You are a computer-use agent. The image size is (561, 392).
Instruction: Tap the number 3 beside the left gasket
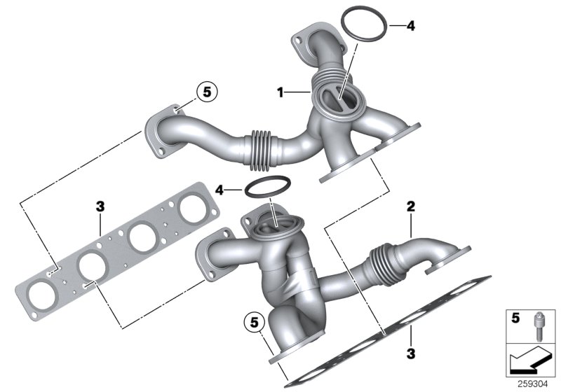[100, 206]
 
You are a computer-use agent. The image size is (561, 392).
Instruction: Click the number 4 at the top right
[411, 27]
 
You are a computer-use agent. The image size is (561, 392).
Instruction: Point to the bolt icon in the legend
[537, 326]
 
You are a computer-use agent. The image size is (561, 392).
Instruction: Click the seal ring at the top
[364, 26]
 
